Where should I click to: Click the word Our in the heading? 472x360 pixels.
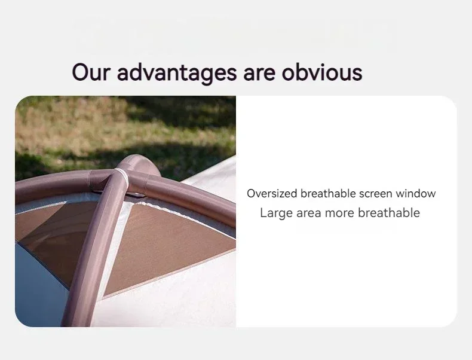(91, 72)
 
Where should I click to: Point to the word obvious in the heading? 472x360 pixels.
(322, 73)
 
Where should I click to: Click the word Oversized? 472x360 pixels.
(272, 194)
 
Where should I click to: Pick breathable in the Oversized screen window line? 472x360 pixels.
(326, 194)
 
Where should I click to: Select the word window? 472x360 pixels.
(415, 194)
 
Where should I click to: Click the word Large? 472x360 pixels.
(276, 213)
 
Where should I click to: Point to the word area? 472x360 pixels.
(311, 213)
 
